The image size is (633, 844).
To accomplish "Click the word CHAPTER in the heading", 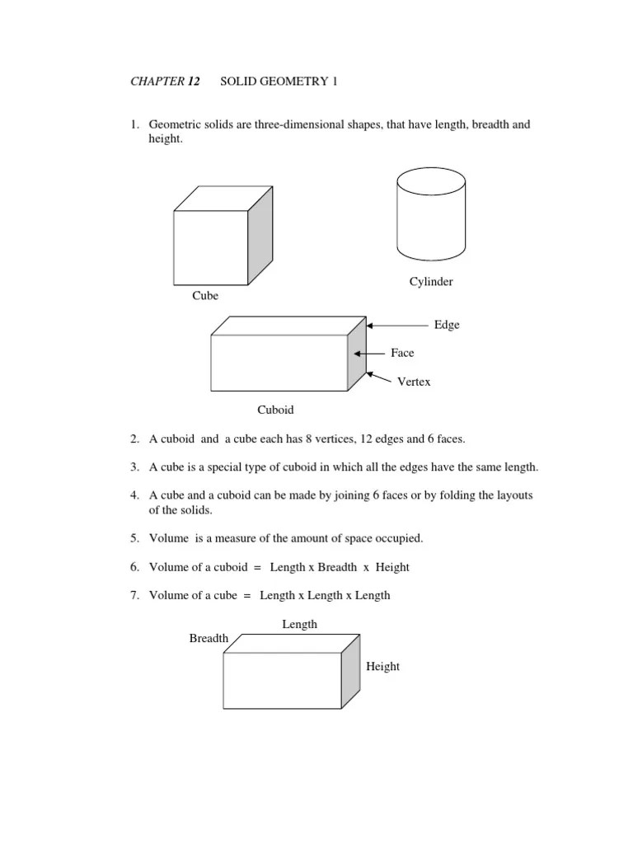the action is pyautogui.click(x=157, y=82).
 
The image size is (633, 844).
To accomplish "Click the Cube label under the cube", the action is pyautogui.click(x=205, y=296).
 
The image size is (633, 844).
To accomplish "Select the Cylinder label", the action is pyautogui.click(x=431, y=282).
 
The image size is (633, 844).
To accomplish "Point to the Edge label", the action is pyautogui.click(x=447, y=325).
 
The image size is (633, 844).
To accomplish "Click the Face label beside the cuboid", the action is pyautogui.click(x=402, y=353).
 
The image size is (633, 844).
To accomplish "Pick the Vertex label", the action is pyautogui.click(x=414, y=382).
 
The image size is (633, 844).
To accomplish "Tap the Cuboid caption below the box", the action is pyautogui.click(x=275, y=410).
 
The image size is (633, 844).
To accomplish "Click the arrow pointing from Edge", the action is pyautogui.click(x=398, y=326).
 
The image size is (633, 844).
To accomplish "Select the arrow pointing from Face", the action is pyautogui.click(x=369, y=354).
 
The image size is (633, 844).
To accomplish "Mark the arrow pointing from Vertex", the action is pyautogui.click(x=379, y=377).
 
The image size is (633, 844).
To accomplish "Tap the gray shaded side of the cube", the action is pyautogui.click(x=260, y=235).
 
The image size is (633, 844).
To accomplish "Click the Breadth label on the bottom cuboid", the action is pyautogui.click(x=209, y=638).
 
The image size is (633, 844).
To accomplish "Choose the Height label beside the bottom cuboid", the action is pyautogui.click(x=382, y=666).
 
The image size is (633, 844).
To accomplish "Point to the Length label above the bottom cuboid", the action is pyautogui.click(x=300, y=625).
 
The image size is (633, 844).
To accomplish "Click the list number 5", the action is pyautogui.click(x=134, y=538).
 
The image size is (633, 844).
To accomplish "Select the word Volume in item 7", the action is pyautogui.click(x=169, y=595).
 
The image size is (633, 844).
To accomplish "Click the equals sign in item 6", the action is pyautogui.click(x=257, y=568).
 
